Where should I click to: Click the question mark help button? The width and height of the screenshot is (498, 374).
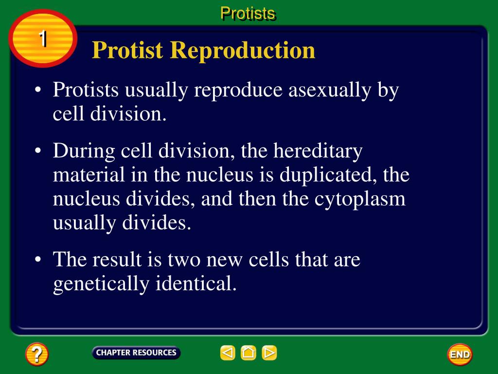(37, 354)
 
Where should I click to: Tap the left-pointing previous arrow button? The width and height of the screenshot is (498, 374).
(228, 353)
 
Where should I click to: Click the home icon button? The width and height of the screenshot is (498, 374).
(249, 353)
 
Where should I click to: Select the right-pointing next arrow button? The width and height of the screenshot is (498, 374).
(269, 353)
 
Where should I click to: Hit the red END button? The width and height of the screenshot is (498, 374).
(459, 355)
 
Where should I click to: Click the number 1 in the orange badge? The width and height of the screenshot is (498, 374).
(43, 39)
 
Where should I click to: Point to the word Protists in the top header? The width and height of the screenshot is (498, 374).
(248, 13)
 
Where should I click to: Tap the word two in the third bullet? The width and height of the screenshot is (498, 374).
(184, 260)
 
